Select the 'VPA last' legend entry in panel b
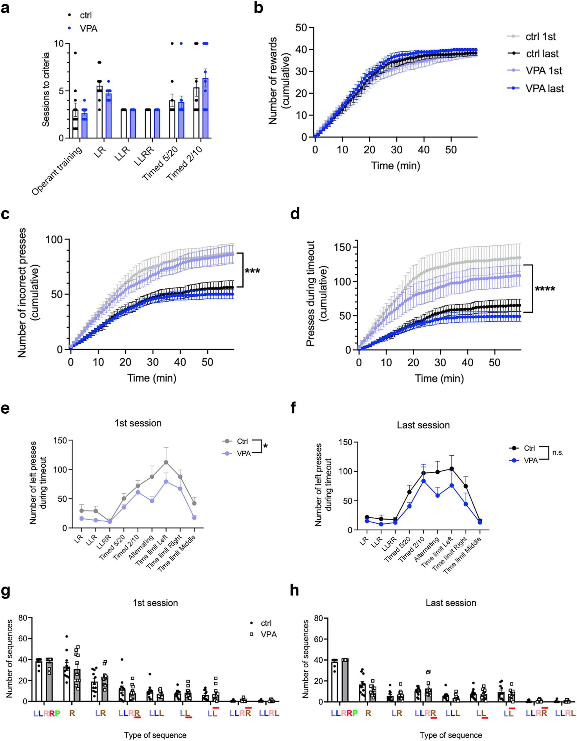coord(545,89)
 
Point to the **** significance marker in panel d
coord(545,289)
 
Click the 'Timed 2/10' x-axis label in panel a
coord(186,164)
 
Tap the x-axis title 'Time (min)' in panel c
coord(152,378)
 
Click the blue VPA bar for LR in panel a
coord(108,115)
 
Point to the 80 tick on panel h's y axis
coord(319,618)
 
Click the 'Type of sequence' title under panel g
coord(155,735)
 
